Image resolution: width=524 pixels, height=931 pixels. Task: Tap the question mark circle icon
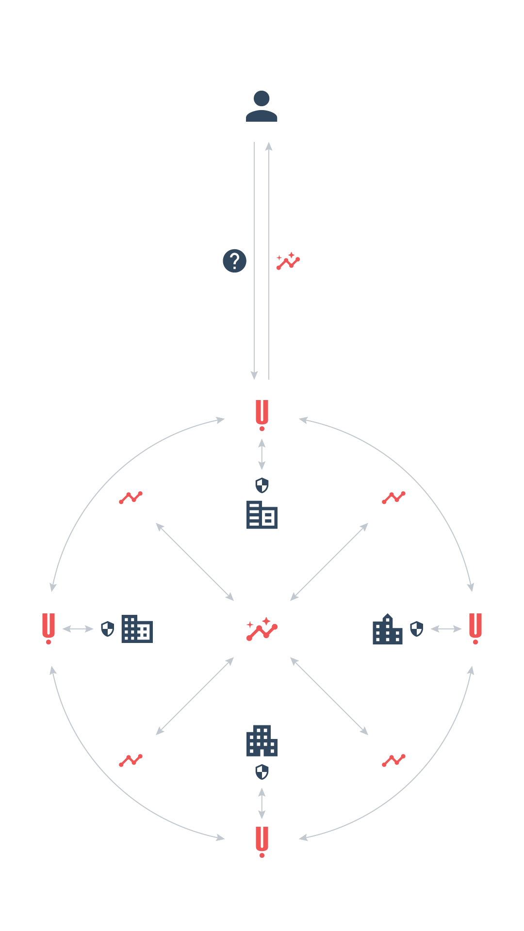(234, 261)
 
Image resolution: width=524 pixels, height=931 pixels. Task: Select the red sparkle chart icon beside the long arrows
(288, 261)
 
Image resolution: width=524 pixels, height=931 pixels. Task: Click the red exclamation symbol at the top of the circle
(262, 415)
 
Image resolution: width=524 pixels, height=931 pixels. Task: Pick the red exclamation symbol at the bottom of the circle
(262, 842)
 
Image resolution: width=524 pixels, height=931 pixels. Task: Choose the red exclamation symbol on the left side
(49, 628)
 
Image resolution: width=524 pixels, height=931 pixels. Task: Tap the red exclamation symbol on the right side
(475, 628)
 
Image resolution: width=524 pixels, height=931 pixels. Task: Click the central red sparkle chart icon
(262, 629)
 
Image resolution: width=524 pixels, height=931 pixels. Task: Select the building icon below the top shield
(262, 514)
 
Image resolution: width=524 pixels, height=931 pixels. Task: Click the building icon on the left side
(137, 629)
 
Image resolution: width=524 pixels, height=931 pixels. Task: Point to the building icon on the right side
(387, 629)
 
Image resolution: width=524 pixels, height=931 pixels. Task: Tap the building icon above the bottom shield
(262, 740)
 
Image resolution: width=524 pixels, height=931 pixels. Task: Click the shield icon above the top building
(262, 485)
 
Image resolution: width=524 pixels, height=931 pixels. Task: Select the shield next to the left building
(107, 629)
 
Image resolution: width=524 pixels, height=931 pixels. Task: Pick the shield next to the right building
(417, 629)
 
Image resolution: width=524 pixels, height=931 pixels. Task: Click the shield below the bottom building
(262, 772)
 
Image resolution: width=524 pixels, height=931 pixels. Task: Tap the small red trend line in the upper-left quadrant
(131, 498)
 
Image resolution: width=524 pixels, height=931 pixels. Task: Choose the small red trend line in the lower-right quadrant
(393, 760)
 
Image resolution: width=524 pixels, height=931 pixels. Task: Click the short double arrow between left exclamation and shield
(78, 629)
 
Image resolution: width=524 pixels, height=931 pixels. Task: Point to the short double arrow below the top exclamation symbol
(262, 454)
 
